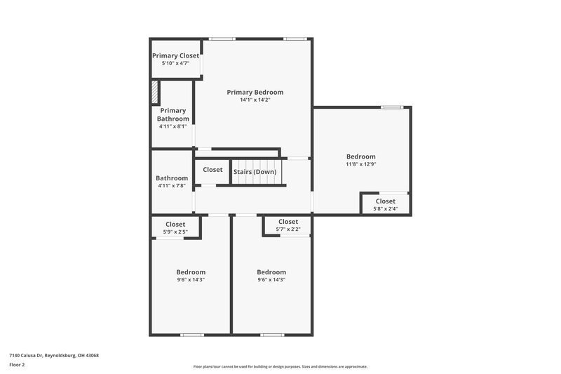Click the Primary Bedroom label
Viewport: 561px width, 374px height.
pyautogui.click(x=255, y=92)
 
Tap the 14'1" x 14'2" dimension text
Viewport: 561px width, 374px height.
pyautogui.click(x=255, y=100)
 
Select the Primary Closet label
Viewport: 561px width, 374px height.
pyautogui.click(x=175, y=55)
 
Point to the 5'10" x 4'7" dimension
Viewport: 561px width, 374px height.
pyautogui.click(x=175, y=63)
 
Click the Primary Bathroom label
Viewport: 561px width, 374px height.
pyautogui.click(x=173, y=114)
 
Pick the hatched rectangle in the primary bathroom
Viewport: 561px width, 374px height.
pyautogui.click(x=156, y=93)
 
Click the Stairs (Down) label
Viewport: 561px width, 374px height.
pyautogui.click(x=255, y=172)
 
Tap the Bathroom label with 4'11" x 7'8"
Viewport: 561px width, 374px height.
pyautogui.click(x=172, y=178)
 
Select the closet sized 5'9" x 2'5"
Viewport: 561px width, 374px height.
pyautogui.click(x=175, y=227)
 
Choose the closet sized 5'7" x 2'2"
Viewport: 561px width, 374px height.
pyautogui.click(x=288, y=225)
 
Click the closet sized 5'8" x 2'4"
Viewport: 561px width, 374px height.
pyautogui.click(x=386, y=204)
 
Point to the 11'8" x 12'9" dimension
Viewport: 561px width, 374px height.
pyautogui.click(x=360, y=164)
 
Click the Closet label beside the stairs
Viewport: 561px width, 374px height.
pyautogui.click(x=212, y=170)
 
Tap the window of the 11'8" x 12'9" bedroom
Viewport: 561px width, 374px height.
pyautogui.click(x=392, y=107)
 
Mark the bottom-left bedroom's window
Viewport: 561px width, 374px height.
pyautogui.click(x=191, y=335)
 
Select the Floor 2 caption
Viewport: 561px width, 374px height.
pyautogui.click(x=17, y=365)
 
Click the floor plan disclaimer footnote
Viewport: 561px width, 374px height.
pyautogui.click(x=280, y=366)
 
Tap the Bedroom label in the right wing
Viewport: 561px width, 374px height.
pyautogui.click(x=360, y=156)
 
